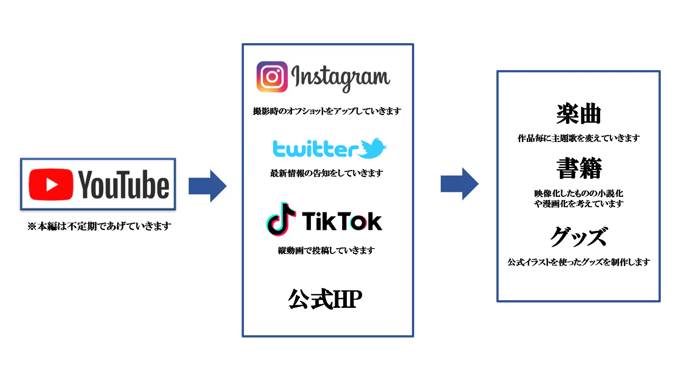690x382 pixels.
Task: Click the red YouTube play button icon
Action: [51, 185]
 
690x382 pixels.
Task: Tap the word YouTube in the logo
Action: [124, 185]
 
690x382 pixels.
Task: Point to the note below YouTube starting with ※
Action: [99, 226]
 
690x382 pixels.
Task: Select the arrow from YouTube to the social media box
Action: [208, 186]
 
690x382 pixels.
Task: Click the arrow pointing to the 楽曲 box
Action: [459, 184]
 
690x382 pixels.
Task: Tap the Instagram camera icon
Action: [272, 77]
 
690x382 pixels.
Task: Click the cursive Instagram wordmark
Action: [341, 77]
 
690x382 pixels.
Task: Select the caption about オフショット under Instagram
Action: [327, 111]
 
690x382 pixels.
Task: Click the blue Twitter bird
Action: [373, 148]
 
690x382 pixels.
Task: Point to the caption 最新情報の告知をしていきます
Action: [327, 173]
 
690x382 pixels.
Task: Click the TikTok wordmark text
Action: [342, 221]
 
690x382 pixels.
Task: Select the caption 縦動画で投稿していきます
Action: [326, 250]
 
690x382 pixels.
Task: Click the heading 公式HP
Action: [325, 299]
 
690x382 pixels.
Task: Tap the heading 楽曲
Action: [579, 114]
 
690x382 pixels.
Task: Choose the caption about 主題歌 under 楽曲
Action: [579, 138]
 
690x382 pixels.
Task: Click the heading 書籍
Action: [579, 169]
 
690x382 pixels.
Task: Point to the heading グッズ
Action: [579, 237]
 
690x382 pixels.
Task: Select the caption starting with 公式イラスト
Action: [579, 262]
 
